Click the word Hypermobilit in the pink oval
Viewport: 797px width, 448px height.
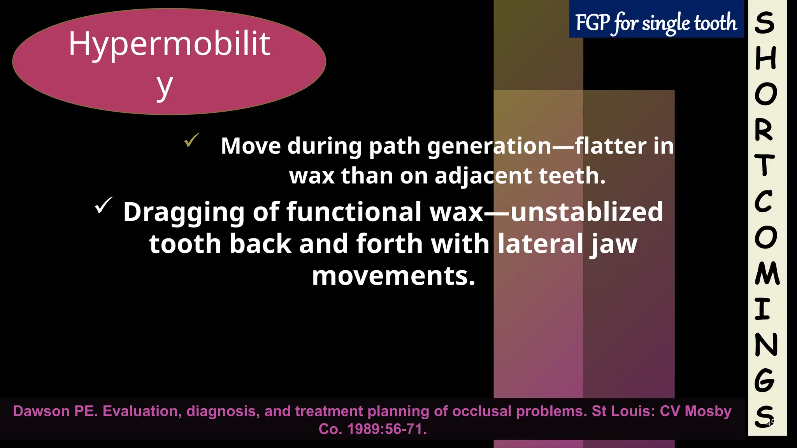169,44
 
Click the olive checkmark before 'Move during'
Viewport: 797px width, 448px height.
191,140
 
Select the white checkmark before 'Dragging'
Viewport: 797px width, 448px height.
104,205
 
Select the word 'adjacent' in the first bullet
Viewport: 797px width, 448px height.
483,176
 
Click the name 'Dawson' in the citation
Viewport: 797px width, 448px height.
41,411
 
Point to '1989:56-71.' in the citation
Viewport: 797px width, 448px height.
387,429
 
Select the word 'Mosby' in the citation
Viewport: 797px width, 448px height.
708,411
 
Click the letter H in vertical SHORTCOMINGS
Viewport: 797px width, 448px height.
765,58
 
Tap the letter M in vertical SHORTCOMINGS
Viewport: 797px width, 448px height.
767,273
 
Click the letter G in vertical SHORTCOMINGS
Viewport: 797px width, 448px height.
764,380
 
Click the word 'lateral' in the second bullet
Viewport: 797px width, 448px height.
540,244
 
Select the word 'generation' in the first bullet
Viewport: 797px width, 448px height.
490,146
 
